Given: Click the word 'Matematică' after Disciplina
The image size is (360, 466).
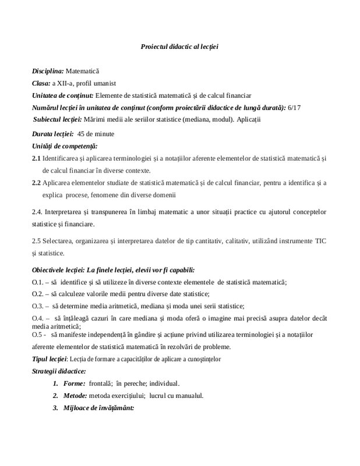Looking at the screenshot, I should point(83,70).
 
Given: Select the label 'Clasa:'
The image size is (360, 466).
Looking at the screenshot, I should point(41,83).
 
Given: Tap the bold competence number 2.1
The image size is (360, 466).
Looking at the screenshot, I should point(36,158).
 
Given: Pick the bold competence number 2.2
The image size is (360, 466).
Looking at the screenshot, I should point(36,183).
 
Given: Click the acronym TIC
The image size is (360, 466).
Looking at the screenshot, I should point(320,240).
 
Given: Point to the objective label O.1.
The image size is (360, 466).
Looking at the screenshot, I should point(38,282).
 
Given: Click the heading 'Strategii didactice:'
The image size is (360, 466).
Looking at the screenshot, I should point(59,371).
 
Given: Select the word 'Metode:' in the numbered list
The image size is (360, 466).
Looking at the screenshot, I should point(77,396).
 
